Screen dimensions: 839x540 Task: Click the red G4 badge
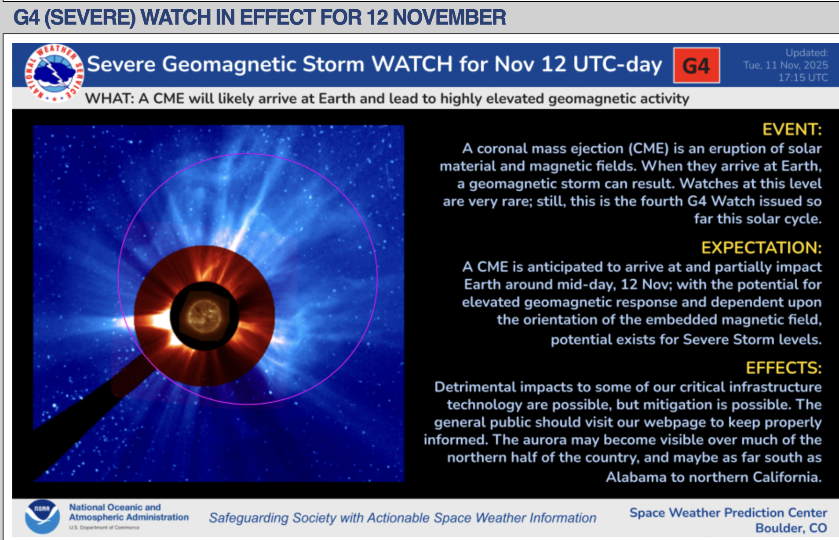[x=697, y=66]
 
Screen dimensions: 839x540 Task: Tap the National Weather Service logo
[x=55, y=73]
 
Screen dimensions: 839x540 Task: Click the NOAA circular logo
[x=42, y=517]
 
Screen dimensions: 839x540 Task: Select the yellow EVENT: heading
[x=792, y=129]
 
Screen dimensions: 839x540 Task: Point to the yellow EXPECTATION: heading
[x=761, y=248]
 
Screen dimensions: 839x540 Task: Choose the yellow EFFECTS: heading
[x=784, y=368]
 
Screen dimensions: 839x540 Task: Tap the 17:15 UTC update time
[x=803, y=77]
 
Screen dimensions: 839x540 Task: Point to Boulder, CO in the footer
[x=791, y=528]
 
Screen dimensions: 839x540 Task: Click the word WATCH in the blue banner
[x=412, y=64]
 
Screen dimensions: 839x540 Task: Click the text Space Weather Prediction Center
[x=728, y=513]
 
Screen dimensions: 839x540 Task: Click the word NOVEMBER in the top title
[x=449, y=17]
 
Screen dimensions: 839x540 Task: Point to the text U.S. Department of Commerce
[x=104, y=527]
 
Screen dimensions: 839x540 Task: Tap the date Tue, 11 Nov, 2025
[x=785, y=65]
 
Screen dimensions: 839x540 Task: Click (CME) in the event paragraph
[x=648, y=149]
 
